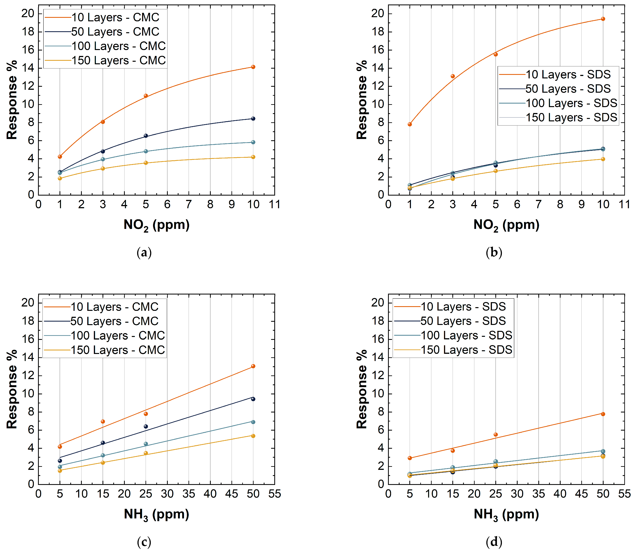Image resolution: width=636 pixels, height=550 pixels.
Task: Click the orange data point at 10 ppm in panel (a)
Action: point(253,67)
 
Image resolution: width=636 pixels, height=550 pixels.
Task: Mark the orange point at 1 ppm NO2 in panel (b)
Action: point(410,124)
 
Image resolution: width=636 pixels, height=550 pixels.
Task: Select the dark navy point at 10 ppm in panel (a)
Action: point(253,118)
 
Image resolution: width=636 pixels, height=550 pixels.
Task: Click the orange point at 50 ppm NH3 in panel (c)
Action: point(253,366)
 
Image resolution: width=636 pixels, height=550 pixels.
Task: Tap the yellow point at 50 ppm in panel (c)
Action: point(253,436)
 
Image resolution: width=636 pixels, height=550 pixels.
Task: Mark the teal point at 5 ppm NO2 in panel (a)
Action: point(146,151)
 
